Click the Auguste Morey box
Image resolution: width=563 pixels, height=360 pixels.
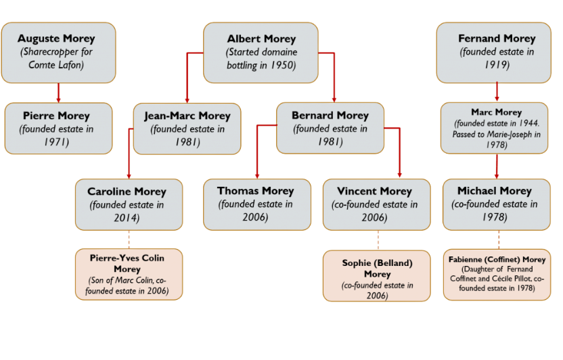(57, 52)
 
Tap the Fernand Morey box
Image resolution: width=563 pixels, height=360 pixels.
(497, 52)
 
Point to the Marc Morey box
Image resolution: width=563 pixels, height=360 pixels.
(497, 128)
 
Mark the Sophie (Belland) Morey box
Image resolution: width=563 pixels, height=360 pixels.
(377, 275)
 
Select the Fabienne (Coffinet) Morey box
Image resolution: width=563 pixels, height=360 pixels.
(497, 273)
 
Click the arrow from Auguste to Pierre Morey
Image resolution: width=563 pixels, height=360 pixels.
(58, 93)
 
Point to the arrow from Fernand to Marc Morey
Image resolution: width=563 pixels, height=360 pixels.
(497, 92)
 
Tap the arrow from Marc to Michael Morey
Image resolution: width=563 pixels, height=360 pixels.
(497, 166)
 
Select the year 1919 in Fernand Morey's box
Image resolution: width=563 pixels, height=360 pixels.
(497, 66)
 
